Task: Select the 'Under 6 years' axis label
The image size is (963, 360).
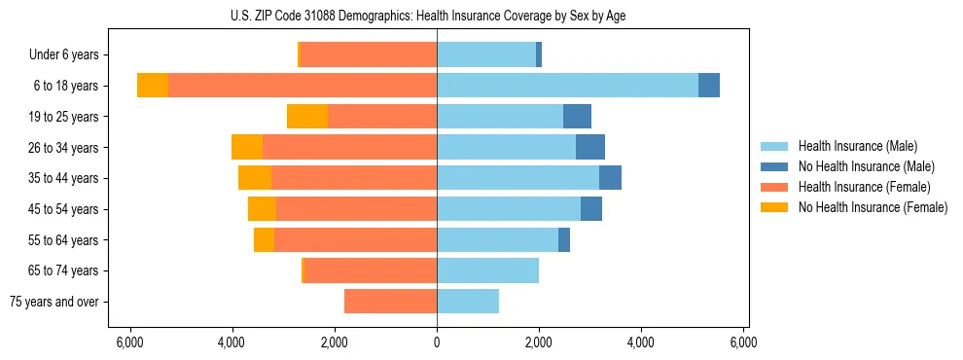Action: tap(64, 55)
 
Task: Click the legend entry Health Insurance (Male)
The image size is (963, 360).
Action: tap(857, 146)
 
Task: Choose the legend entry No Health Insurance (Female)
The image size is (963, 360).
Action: tap(873, 207)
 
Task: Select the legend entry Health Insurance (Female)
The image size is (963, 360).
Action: tap(864, 187)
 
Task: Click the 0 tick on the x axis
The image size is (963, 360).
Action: tap(437, 342)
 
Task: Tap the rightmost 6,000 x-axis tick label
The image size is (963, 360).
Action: tap(743, 342)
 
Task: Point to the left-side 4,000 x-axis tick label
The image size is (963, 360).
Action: tap(232, 342)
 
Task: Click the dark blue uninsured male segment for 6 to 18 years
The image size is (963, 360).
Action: tap(709, 86)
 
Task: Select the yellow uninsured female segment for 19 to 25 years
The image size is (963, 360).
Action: tap(307, 117)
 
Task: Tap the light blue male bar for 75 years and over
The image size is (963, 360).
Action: tap(468, 302)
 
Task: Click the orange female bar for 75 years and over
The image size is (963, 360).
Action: tap(390, 302)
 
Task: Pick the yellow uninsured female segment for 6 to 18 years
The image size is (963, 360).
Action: tap(153, 86)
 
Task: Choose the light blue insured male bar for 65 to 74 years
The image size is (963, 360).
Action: tap(487, 270)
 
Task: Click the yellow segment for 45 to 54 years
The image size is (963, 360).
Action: tap(262, 209)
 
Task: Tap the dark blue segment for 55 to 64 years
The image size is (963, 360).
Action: tap(564, 239)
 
